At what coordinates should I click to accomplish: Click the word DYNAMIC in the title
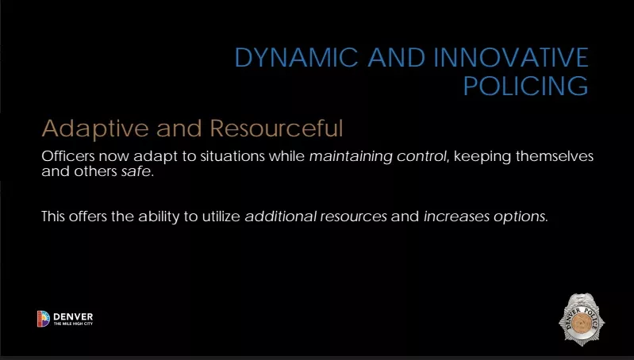tap(297, 57)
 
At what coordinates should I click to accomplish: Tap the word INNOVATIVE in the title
tap(511, 57)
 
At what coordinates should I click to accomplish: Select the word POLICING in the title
tap(525, 86)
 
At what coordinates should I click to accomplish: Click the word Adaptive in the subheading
tap(95, 129)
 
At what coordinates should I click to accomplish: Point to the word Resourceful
tap(277, 128)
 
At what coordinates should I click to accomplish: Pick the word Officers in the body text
tap(68, 156)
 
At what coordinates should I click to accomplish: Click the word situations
tap(232, 156)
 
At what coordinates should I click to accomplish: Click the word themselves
tap(555, 156)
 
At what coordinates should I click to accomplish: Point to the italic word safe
tap(136, 171)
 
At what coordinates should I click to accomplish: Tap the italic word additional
tap(281, 216)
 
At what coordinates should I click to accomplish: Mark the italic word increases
tap(456, 216)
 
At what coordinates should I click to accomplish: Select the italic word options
tap(519, 217)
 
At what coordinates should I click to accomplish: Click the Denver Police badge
tap(582, 320)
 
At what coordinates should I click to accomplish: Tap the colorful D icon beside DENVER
tap(44, 319)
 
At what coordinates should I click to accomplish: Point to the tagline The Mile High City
tap(73, 324)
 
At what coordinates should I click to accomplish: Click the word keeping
tap(482, 157)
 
